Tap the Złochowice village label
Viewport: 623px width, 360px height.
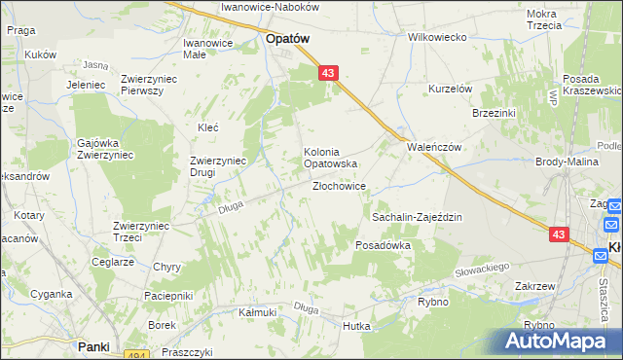tap(339, 186)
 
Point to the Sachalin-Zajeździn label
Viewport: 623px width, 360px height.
tap(417, 218)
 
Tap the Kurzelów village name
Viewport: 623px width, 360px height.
tap(451, 89)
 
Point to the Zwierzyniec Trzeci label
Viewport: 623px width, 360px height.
tap(142, 232)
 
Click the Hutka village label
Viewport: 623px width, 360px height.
tap(356, 326)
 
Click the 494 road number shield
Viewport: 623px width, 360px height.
tap(137, 356)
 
